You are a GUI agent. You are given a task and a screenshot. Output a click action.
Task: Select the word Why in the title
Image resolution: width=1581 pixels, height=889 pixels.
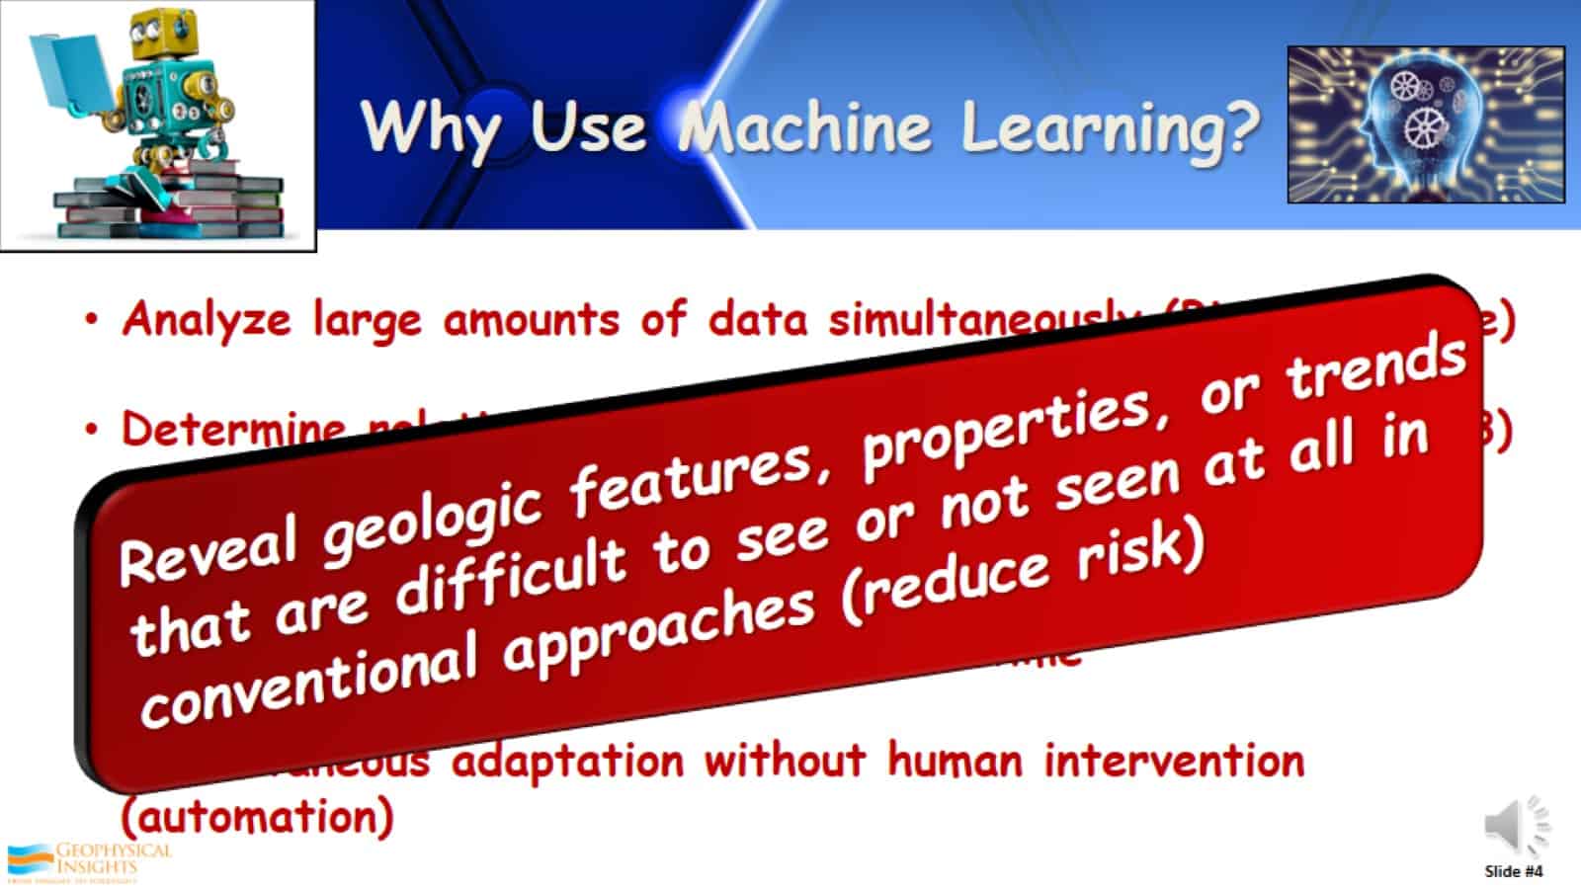(x=429, y=128)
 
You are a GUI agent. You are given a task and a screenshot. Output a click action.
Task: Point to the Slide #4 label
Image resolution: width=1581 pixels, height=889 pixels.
(x=1513, y=871)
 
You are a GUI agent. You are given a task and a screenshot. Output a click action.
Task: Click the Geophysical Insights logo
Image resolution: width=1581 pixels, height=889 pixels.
(x=89, y=861)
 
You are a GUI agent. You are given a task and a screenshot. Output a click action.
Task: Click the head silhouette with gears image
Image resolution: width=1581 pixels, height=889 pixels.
(x=1426, y=124)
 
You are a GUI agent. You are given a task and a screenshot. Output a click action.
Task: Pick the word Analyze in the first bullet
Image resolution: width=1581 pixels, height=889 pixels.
(x=207, y=320)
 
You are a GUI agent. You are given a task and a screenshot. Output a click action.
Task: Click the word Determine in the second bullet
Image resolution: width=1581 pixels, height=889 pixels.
(x=233, y=429)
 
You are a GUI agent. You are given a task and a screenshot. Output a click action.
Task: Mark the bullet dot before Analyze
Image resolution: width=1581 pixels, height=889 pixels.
(x=92, y=320)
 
